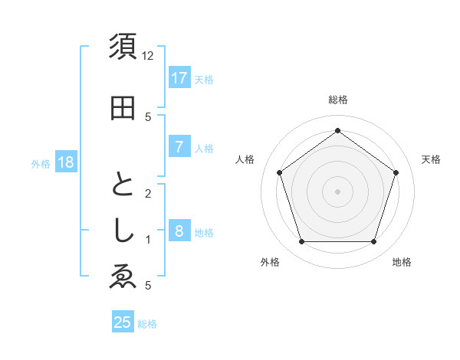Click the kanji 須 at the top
coord(123,47)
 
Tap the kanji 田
coord(123,108)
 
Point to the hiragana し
coord(123,232)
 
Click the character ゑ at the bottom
coord(123,278)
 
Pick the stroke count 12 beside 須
coord(148,56)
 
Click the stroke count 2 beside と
coord(148,193)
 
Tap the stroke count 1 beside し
coord(148,240)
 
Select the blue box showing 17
coord(179,78)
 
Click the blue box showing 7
coord(179,147)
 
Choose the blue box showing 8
coord(179,231)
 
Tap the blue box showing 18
coord(65,162)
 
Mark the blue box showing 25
coord(123,322)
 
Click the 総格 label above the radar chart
coord(337,100)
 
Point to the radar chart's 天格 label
coord(431,159)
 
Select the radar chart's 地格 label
coord(402,262)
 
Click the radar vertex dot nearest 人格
coord(279,172)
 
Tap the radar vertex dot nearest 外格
coord(301,242)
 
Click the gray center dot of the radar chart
coord(337,191)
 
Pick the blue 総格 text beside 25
coord(147,324)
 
